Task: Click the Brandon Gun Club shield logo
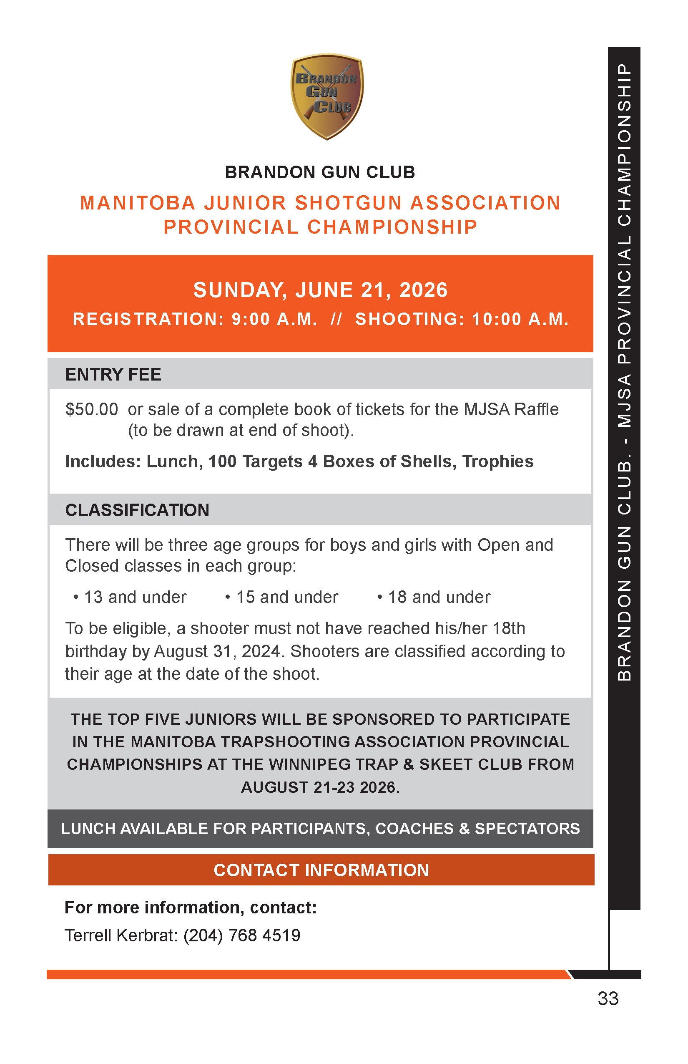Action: [x=327, y=96]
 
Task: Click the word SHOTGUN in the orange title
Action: [x=348, y=203]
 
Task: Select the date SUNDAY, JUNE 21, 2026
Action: [x=320, y=290]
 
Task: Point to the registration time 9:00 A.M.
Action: [x=274, y=319]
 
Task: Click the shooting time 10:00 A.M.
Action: [x=520, y=319]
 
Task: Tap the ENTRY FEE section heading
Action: [x=113, y=375]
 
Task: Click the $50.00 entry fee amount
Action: [x=92, y=409]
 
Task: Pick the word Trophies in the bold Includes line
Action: [x=498, y=462]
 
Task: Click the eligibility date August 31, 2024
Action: [x=218, y=652]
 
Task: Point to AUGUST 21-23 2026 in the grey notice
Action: [x=320, y=787]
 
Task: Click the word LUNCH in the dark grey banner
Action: [x=88, y=829]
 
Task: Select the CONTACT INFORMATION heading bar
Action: [x=321, y=870]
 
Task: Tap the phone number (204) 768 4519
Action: [x=242, y=935]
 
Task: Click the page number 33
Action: [x=608, y=999]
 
